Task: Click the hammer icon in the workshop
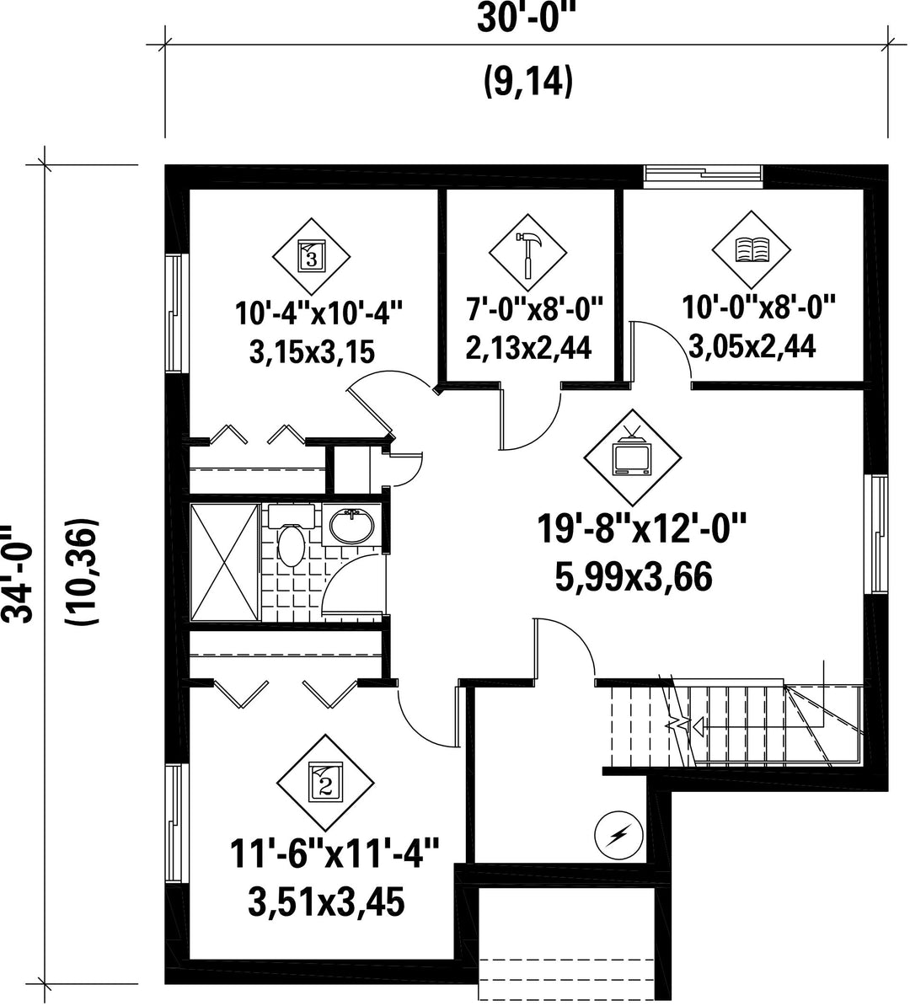click(527, 254)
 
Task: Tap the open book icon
click(751, 249)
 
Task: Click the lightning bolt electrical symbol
click(619, 835)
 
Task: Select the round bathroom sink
click(351, 526)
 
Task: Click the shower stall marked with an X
click(225, 563)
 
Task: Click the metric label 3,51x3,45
click(326, 902)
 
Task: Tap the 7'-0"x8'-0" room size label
click(533, 310)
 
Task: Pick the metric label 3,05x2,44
click(752, 346)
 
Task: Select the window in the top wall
click(703, 176)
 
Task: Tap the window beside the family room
click(875, 534)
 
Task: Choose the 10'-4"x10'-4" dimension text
click(319, 313)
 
